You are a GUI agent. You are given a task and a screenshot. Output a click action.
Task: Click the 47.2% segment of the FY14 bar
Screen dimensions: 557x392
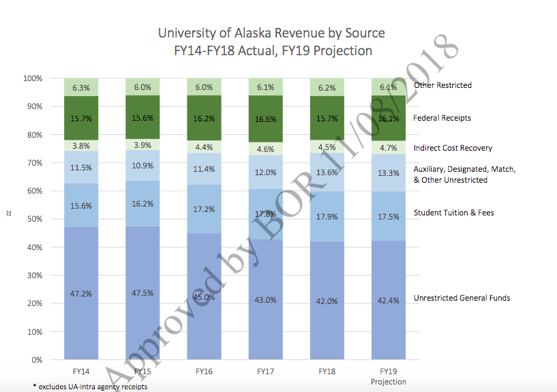click(81, 293)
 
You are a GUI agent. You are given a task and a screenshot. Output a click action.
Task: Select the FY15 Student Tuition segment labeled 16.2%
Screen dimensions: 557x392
click(142, 203)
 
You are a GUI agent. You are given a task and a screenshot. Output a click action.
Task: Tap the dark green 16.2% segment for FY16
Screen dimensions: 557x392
click(205, 118)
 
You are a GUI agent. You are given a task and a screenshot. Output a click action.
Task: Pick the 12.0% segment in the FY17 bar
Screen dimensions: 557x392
click(266, 172)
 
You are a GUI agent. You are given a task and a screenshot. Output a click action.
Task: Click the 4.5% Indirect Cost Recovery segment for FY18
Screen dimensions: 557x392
click(327, 147)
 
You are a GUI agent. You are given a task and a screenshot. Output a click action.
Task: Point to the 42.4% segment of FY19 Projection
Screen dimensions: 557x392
click(389, 300)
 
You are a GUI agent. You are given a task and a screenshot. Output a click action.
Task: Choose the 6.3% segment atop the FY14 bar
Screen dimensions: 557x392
click(81, 87)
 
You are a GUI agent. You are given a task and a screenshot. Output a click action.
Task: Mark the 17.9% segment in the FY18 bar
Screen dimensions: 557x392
click(327, 217)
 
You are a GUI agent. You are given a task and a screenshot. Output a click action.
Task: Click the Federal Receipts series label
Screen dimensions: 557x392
click(442, 118)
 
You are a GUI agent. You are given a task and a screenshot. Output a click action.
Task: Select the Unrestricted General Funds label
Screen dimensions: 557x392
click(462, 298)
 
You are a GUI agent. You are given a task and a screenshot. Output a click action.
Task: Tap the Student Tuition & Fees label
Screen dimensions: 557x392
click(453, 213)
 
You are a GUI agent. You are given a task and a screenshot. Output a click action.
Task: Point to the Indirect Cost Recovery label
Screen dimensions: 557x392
click(453, 148)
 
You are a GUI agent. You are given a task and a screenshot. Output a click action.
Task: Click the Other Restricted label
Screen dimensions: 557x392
click(443, 85)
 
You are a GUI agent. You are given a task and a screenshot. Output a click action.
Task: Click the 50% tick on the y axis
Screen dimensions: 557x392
click(35, 219)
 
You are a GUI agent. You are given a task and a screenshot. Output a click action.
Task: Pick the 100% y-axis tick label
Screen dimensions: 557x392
click(33, 78)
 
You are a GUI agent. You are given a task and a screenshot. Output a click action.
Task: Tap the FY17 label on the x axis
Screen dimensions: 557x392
click(266, 372)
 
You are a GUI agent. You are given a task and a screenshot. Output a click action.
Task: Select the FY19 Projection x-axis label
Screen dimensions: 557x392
click(389, 376)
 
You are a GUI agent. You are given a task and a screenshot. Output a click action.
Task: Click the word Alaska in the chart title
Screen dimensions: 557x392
click(253, 33)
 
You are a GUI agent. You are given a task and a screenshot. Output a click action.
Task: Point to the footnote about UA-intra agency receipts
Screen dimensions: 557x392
click(90, 387)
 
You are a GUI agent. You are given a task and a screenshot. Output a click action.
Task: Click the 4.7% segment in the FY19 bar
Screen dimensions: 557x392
click(389, 148)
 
